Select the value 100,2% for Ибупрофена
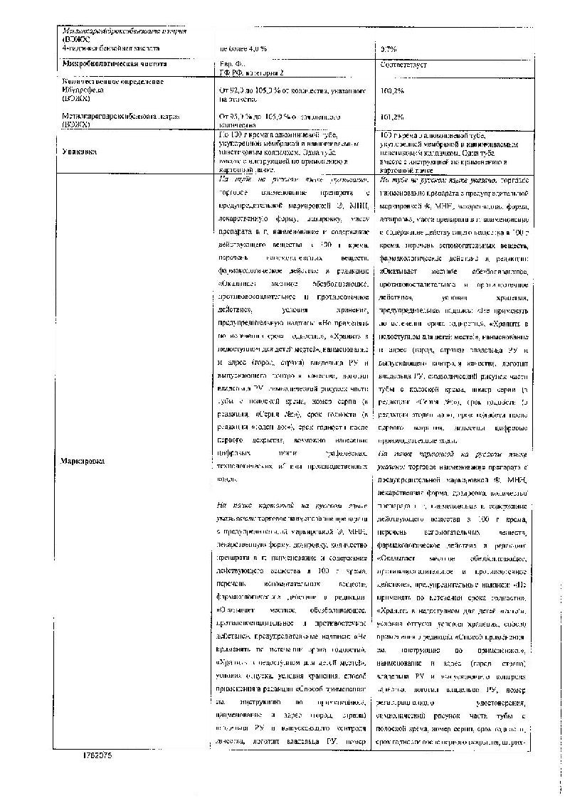pos(392,91)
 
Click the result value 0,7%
pos(389,48)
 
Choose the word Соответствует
pos(403,65)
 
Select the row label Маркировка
pos(83,460)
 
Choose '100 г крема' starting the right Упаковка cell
pos(404,135)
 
